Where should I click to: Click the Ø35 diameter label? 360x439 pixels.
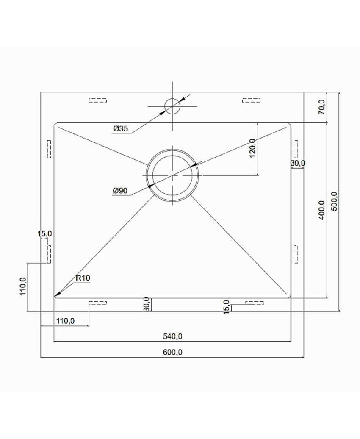tap(121, 129)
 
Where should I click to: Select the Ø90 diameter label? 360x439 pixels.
tap(120, 191)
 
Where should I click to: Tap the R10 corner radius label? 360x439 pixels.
tap(83, 278)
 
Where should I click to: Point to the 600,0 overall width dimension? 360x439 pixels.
tap(172, 352)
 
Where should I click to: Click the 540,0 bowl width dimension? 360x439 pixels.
tap(172, 336)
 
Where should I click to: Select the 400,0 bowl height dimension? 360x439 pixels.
tap(321, 210)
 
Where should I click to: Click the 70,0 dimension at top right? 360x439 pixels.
tap(322, 107)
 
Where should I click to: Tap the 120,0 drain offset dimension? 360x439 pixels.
tap(252, 148)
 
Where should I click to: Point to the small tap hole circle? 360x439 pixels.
tap(172, 106)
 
